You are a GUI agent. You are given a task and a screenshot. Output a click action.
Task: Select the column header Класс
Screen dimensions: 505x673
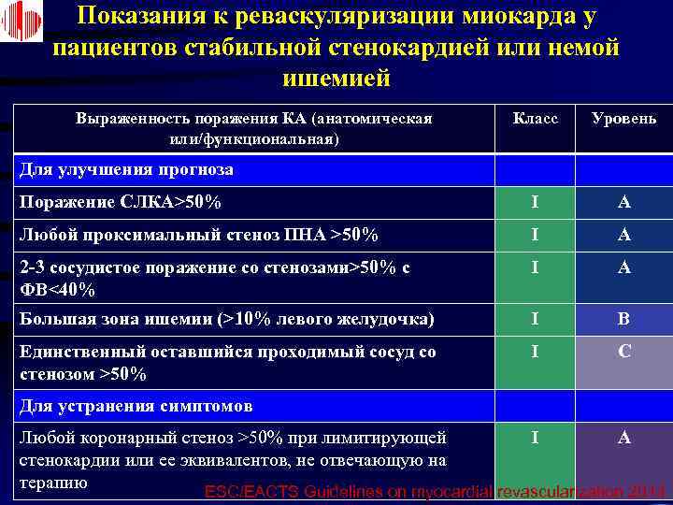click(x=536, y=119)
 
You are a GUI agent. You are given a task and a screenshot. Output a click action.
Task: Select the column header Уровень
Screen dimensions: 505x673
click(x=623, y=119)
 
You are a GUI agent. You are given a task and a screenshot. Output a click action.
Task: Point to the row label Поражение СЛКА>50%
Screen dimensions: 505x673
click(x=121, y=202)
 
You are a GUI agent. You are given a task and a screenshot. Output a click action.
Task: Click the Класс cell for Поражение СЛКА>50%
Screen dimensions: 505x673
click(x=535, y=202)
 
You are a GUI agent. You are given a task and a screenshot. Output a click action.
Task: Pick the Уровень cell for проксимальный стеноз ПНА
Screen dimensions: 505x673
click(x=623, y=235)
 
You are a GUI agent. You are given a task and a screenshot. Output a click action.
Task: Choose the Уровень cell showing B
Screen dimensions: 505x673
click(x=623, y=319)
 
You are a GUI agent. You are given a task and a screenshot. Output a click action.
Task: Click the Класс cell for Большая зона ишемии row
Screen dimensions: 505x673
click(x=535, y=319)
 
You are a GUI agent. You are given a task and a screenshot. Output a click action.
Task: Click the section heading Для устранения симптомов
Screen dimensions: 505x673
click(x=136, y=407)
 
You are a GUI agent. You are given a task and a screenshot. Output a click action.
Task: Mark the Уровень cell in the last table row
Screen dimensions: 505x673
click(x=623, y=437)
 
